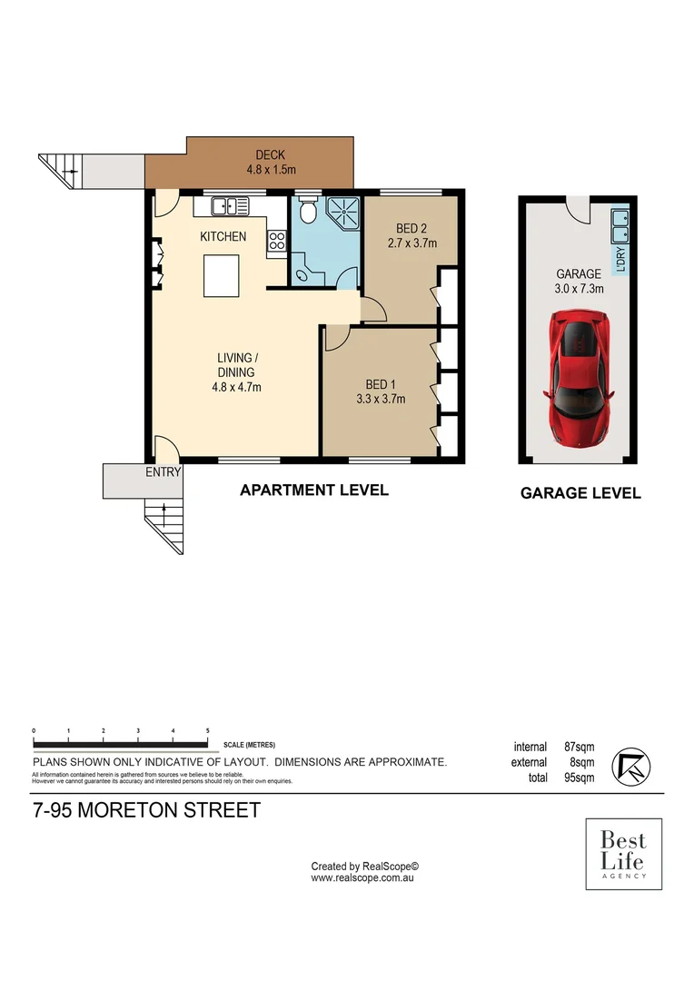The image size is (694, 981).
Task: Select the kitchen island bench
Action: coord(222,276)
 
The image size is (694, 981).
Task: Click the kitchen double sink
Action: coord(231,207)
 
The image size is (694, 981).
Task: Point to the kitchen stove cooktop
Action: coord(276,242)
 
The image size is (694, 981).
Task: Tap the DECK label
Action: coord(271,155)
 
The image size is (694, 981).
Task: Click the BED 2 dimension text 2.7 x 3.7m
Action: coord(412,243)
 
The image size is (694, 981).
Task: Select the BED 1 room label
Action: coord(381,383)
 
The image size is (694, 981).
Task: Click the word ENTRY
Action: coord(164,471)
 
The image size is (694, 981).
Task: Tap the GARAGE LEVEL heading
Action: coord(580,493)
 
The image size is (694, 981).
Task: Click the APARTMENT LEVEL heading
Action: coord(313,490)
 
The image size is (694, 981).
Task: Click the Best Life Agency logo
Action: coord(623,853)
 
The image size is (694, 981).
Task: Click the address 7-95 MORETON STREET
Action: coord(146,810)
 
